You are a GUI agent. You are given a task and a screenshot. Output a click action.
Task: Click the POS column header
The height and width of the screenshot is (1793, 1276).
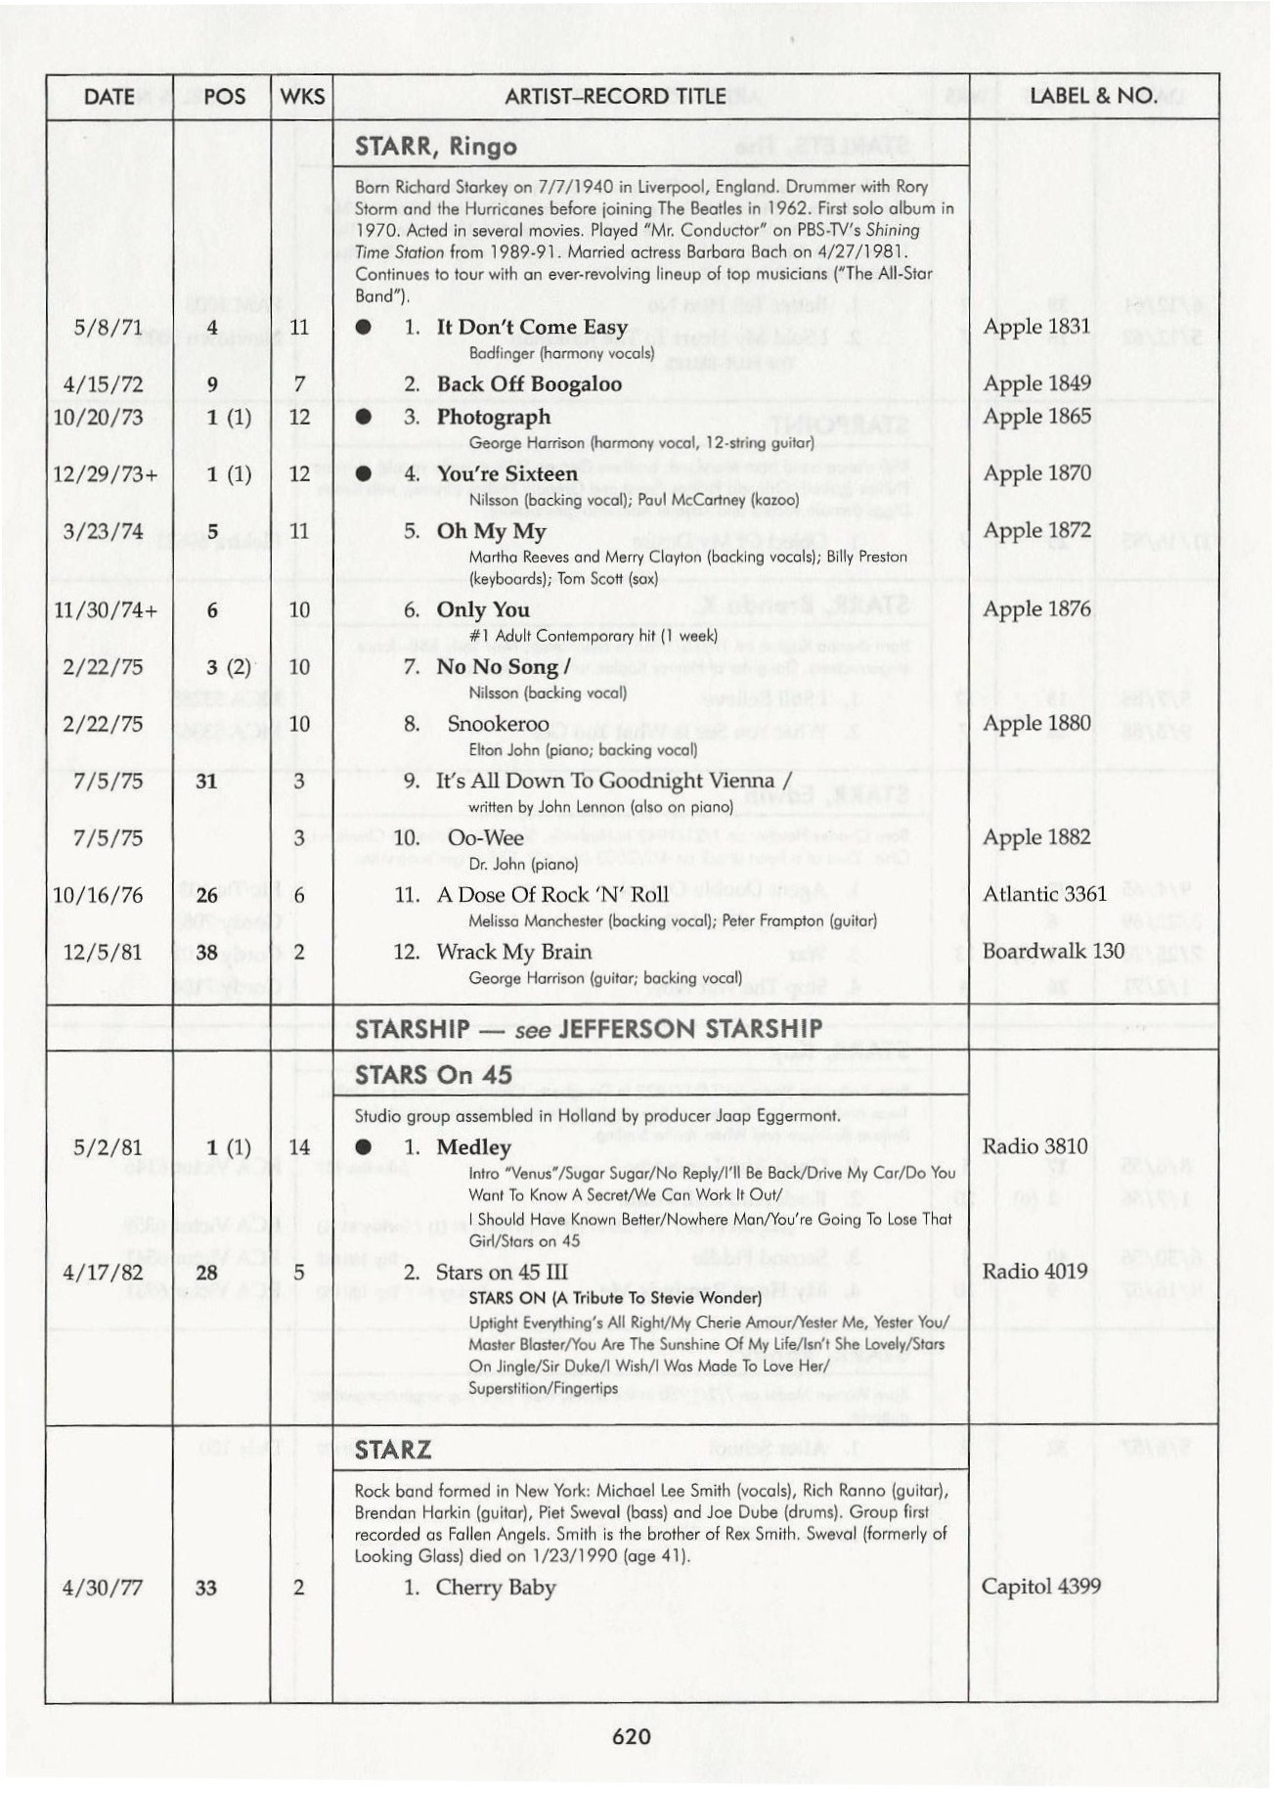tap(224, 96)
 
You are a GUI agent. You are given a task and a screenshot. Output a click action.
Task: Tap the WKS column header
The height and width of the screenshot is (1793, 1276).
tap(301, 96)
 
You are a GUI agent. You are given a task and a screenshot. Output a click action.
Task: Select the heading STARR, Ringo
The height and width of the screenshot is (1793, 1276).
tap(436, 147)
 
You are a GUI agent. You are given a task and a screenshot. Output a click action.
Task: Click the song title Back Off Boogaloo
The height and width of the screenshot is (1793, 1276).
tap(529, 383)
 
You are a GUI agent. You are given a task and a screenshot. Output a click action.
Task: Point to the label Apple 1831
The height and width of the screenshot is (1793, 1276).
tap(1036, 326)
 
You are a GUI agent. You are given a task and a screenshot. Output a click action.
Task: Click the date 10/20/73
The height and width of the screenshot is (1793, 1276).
tap(98, 417)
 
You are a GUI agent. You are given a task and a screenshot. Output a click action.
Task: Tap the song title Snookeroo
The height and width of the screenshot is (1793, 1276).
tap(498, 724)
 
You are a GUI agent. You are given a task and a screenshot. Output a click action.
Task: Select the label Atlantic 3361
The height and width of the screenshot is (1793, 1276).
tap(1044, 894)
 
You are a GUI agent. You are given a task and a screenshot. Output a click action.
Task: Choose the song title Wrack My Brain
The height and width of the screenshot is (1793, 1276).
tap(513, 952)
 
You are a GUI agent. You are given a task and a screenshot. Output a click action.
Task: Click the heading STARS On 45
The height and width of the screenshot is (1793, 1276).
tap(433, 1074)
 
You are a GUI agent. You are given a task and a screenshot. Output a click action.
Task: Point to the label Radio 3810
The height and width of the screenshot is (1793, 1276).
tap(1034, 1146)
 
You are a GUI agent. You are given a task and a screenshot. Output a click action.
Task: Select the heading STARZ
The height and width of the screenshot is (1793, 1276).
tap(392, 1450)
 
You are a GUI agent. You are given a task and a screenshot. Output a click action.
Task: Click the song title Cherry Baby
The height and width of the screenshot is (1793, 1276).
tap(496, 1587)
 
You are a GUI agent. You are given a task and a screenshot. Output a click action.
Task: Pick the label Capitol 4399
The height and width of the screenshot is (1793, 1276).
tap(1041, 1586)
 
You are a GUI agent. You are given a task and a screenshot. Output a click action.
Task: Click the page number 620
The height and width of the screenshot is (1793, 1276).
tap(632, 1736)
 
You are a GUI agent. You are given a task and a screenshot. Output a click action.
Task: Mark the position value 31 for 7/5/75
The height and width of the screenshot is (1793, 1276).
tap(206, 781)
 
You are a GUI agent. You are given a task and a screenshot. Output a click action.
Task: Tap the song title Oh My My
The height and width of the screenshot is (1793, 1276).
tap(491, 531)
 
